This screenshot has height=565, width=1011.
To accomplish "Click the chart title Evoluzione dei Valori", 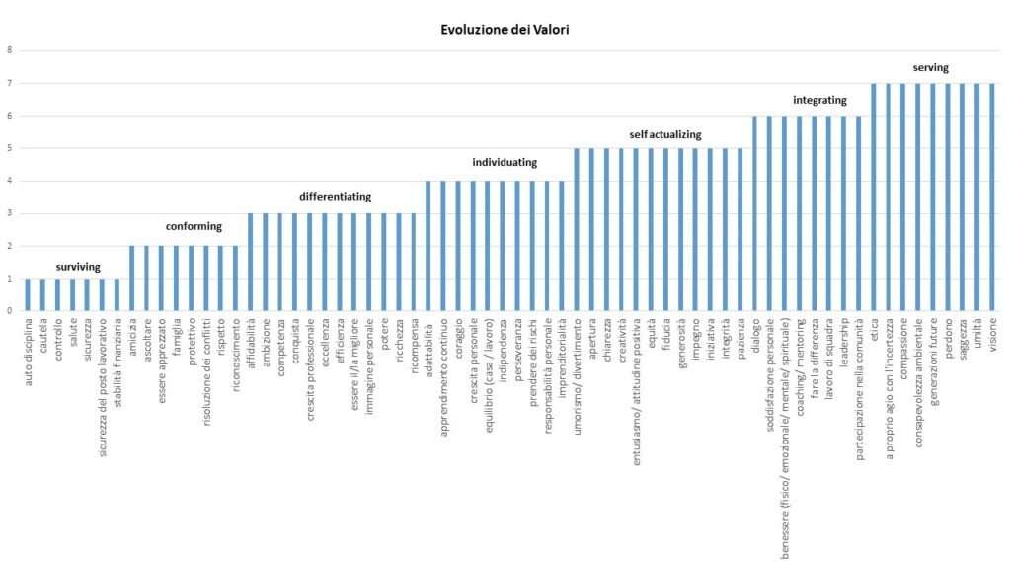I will point(505,30).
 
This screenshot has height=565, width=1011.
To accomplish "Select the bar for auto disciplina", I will point(28,294).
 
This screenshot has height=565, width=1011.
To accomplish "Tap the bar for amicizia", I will point(131,279).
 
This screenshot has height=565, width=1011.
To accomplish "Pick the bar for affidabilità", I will point(251,262).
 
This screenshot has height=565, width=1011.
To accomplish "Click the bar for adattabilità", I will point(428,246).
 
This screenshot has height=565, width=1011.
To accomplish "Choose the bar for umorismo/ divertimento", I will point(577,229).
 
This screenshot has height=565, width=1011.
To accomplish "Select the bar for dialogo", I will point(755,213).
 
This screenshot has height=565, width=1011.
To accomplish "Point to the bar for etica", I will point(874,198).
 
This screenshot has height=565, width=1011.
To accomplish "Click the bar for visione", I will point(992,198).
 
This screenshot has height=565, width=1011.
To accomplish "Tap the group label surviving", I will point(78,267).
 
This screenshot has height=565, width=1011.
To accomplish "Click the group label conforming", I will point(194,226).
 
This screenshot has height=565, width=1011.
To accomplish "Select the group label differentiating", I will point(335,196).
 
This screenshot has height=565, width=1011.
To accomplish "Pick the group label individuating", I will point(505,162).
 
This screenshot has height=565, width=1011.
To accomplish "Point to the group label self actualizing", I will point(665,133).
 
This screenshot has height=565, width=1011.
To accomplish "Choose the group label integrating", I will point(819,100).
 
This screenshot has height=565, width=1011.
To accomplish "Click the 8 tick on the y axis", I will point(10,50).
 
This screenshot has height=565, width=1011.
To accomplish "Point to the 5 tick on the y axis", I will point(10,148).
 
